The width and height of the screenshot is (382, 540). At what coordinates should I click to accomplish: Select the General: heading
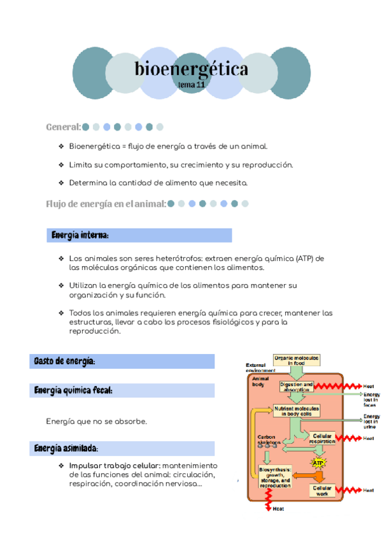coord(63,127)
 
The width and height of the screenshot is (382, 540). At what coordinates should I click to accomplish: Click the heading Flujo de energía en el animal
coord(106,204)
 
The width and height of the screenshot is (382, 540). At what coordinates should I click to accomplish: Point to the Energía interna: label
coord(80,236)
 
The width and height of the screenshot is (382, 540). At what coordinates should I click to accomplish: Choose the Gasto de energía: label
coord(64,362)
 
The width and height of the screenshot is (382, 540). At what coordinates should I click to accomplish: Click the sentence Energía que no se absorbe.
coord(97,422)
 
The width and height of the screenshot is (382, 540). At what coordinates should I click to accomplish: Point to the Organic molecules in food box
coord(296,360)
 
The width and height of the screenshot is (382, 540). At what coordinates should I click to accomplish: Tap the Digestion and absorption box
coord(296,387)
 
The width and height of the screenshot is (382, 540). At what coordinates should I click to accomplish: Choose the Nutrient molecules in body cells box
coord(297,411)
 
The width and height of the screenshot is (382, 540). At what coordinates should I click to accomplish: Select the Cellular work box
coord(322,491)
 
